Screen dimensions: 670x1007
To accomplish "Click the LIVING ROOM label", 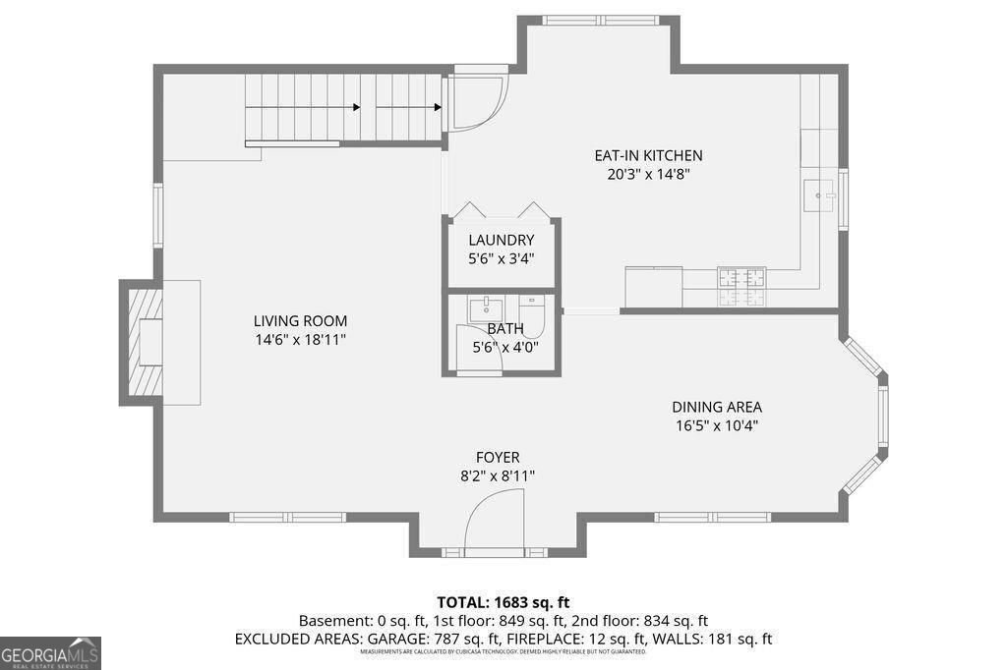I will coord(300,321).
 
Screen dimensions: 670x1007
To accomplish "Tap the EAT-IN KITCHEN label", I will coord(648,155).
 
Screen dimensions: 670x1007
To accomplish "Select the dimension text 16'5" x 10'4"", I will coord(716,425).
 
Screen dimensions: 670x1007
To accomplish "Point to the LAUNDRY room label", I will coord(501,241).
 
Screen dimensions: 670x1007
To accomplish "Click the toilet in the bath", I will coord(531,316).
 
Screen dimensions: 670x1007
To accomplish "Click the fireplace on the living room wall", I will coord(143,342).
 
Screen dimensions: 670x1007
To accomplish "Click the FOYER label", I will coord(498,458).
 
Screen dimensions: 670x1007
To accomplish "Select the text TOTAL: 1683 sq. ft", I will coord(503,602).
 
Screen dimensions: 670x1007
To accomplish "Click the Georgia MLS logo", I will coord(50,653).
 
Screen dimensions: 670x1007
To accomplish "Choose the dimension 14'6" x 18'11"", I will coord(300,340).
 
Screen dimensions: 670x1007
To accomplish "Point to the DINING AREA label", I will coord(716,407).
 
